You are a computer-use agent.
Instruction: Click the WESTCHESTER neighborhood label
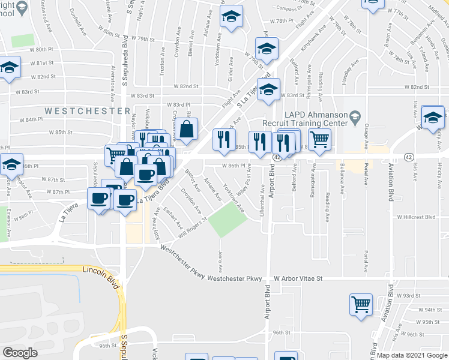click(87, 111)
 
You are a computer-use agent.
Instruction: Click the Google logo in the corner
click(20, 352)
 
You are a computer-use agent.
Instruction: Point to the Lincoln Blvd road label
click(98, 277)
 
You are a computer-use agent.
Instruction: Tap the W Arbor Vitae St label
click(298, 279)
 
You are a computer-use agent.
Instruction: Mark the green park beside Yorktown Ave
click(228, 220)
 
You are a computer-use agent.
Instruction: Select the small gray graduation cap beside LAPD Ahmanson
click(355, 115)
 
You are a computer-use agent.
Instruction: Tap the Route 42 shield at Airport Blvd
click(277, 157)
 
